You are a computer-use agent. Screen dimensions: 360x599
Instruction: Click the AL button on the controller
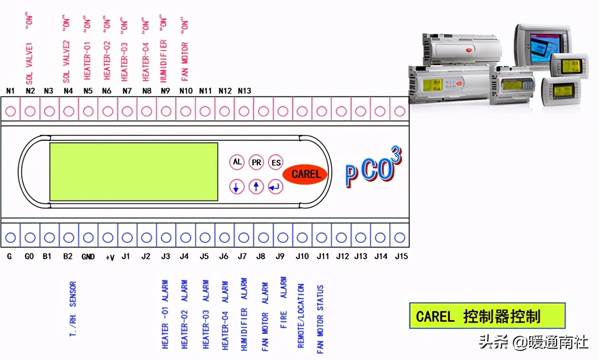click(237, 162)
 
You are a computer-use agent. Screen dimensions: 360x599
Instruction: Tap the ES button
click(276, 162)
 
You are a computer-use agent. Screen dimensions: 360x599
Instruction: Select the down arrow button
click(237, 186)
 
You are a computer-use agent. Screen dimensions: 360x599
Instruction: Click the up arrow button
click(256, 186)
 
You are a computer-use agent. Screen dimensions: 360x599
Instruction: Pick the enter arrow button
click(276, 186)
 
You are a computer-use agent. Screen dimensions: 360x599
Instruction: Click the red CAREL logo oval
click(305, 174)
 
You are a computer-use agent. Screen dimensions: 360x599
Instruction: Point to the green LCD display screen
click(134, 171)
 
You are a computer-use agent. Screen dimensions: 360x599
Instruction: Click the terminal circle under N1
click(10, 111)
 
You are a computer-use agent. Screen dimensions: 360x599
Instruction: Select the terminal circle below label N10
click(186, 111)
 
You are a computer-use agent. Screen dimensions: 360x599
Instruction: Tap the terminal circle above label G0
click(30, 237)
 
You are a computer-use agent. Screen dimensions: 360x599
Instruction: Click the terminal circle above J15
click(400, 237)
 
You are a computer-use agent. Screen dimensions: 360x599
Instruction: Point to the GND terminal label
click(88, 257)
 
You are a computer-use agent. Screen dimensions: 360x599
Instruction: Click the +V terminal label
click(109, 257)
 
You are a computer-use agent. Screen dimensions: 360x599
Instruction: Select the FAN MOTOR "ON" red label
click(184, 49)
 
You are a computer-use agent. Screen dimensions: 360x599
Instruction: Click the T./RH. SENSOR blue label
click(72, 309)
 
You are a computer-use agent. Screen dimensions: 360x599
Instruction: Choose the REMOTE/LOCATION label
click(300, 316)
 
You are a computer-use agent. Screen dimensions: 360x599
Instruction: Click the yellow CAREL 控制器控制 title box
click(487, 316)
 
